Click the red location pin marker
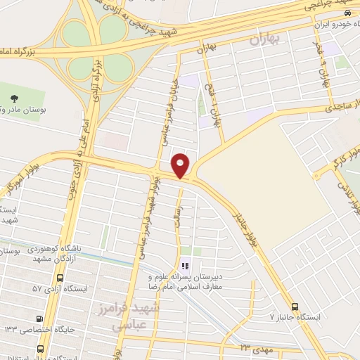tap(181, 164)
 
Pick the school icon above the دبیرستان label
tap(185, 265)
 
